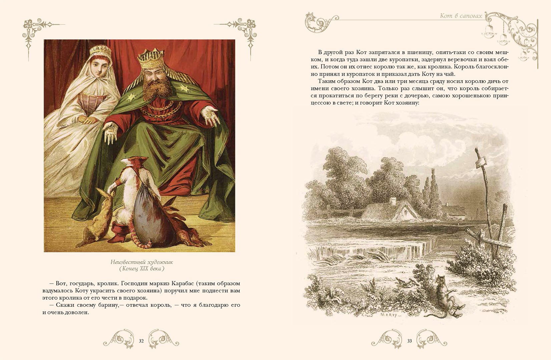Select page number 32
click(141, 341)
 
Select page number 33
click(410, 341)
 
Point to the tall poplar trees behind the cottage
click(431, 190)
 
